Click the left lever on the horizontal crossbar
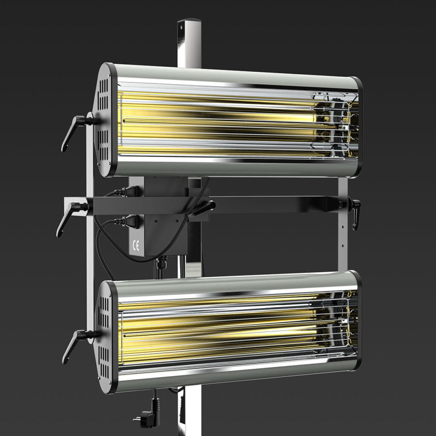tap(72, 218)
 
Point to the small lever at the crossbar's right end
tap(354, 213)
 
